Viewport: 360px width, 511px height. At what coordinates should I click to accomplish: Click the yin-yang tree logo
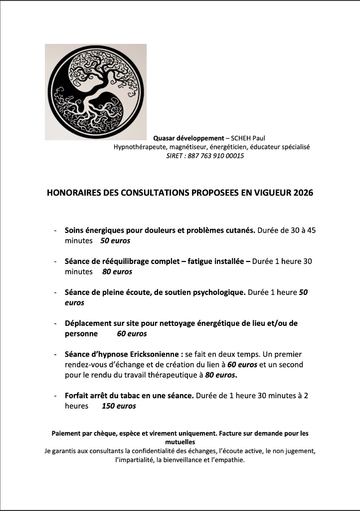96,92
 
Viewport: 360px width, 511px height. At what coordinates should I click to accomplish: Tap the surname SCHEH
245,138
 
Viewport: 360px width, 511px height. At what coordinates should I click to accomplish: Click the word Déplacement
90,323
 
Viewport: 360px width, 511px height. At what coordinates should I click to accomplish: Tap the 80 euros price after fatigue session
117,272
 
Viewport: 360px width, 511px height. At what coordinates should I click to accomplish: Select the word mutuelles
180,442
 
